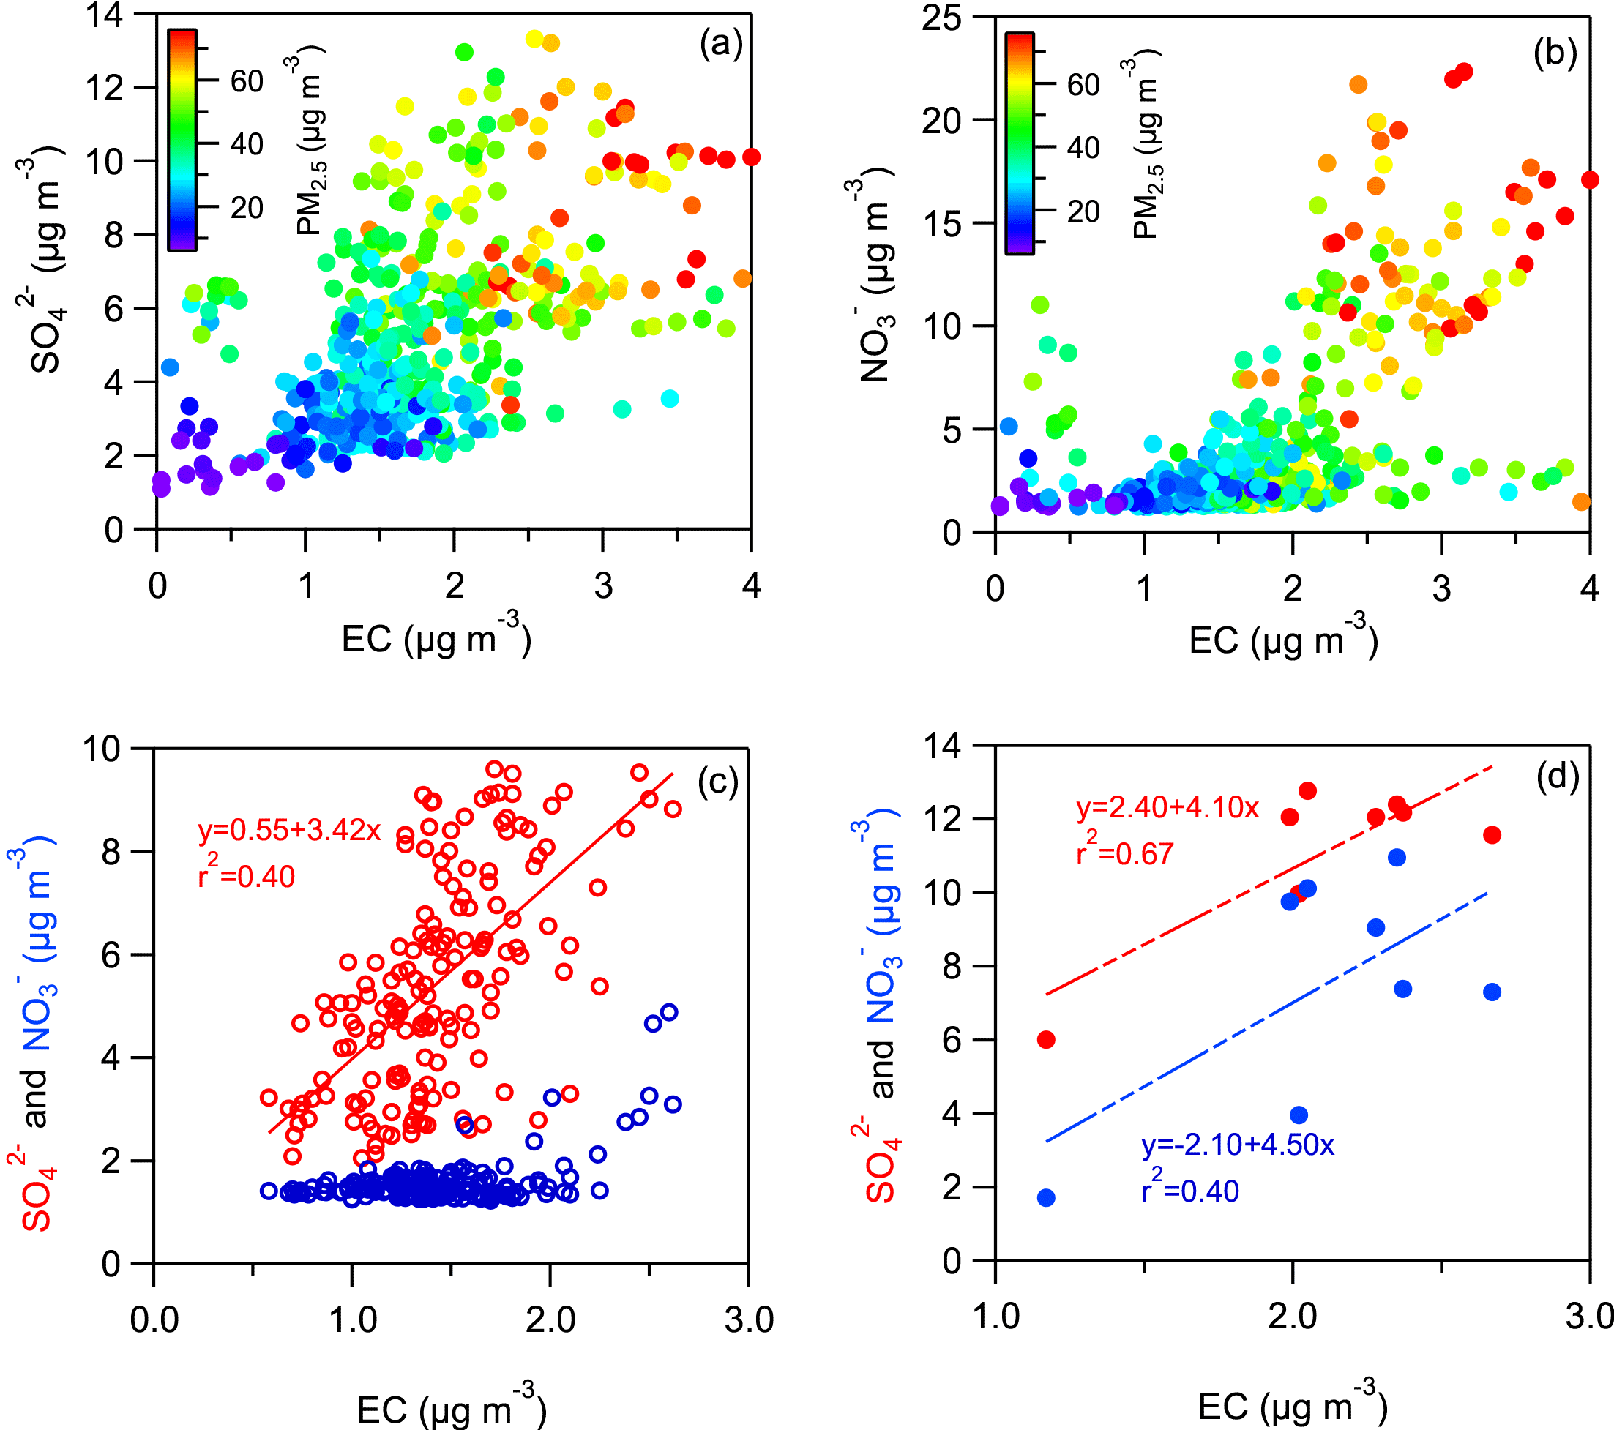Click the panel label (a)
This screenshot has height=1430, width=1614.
click(721, 44)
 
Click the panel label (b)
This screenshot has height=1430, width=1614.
click(1555, 52)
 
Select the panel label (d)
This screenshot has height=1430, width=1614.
click(1557, 777)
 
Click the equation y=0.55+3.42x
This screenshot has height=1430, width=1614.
click(289, 830)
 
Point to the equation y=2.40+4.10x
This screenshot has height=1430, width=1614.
click(1167, 808)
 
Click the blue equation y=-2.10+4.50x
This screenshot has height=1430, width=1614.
click(1237, 1145)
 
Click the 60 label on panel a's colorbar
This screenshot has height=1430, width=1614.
click(247, 81)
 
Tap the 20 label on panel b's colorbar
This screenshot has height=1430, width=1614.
click(1083, 211)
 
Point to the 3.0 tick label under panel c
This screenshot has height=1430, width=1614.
click(749, 1319)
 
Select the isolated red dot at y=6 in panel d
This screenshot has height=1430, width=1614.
click(1045, 1040)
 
